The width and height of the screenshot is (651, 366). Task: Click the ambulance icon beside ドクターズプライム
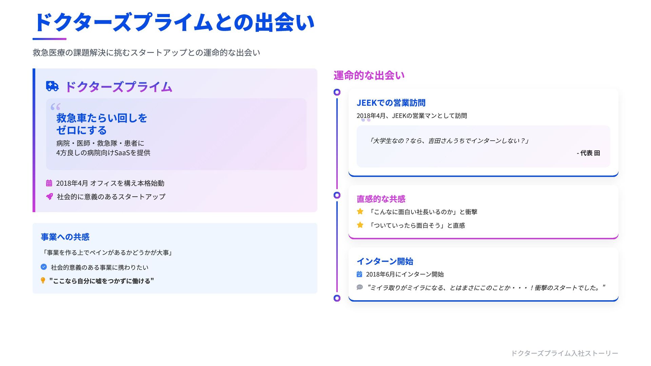coord(52,86)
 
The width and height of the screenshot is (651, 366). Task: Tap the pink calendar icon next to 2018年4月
coord(49,183)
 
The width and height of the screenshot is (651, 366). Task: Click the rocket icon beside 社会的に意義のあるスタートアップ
coord(50,197)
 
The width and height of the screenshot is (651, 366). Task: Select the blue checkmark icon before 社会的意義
coord(44,267)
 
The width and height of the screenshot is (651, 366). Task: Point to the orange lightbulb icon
coord(43,281)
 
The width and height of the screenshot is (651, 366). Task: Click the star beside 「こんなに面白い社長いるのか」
coord(360,211)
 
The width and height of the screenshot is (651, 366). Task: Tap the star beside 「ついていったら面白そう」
coord(360,225)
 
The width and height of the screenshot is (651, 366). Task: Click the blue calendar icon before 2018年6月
coord(359,274)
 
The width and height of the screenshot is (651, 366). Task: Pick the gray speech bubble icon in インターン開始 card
coord(360,287)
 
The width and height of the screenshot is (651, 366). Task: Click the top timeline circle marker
coord(337,92)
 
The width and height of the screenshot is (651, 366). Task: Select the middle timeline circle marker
coord(337,195)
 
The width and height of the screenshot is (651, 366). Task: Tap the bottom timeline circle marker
coord(337,298)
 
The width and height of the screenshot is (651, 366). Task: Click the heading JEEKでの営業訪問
coord(391,103)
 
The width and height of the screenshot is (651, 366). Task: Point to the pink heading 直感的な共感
coord(381,199)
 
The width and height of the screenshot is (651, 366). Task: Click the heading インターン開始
coord(385,261)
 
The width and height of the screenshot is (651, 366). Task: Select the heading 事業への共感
coord(65,237)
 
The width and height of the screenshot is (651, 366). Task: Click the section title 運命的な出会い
coord(369,75)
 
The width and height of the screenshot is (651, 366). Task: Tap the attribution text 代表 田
coord(589,153)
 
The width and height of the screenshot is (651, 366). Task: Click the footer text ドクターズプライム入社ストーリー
coord(565,353)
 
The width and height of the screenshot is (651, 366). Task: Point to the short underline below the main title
coord(50,39)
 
